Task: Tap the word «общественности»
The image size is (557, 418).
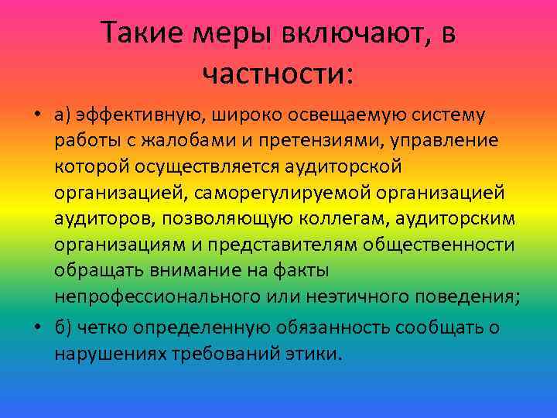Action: [441, 245]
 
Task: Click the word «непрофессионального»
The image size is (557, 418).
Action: [154, 296]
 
